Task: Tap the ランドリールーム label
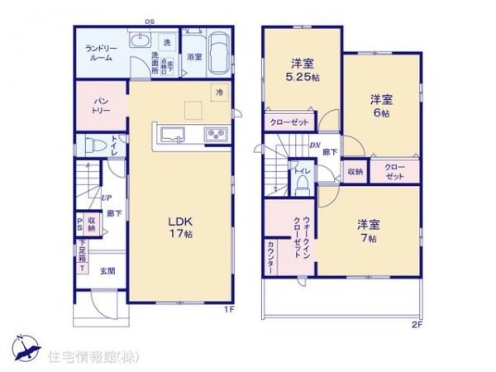[x=102, y=54]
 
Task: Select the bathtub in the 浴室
[x=218, y=53]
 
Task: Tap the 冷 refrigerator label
[x=219, y=93]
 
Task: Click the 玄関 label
[x=107, y=270]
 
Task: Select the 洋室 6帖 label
[x=380, y=105]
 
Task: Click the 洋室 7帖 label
[x=367, y=231]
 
